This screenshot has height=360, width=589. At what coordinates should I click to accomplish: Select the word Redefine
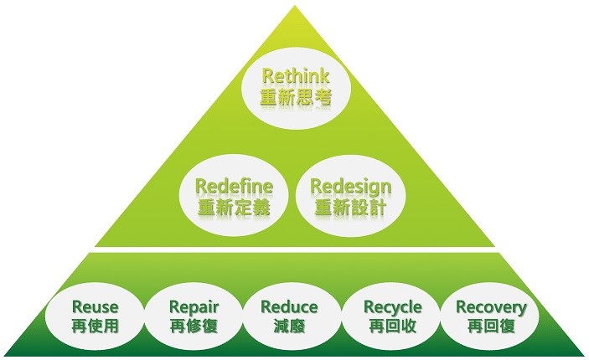(234, 185)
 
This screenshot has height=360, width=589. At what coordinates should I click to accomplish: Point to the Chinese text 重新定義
(234, 205)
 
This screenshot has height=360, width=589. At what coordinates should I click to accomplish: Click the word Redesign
(350, 185)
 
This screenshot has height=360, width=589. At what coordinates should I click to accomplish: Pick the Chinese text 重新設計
(350, 205)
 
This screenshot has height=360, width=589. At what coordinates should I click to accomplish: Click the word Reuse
(96, 307)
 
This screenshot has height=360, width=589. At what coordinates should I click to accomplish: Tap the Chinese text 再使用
(96, 326)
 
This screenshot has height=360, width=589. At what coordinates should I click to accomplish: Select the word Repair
(194, 307)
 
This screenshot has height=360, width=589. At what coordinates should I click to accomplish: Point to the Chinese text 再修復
(194, 326)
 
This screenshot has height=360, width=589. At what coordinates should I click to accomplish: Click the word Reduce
(289, 307)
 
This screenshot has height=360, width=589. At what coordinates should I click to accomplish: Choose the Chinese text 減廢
(289, 326)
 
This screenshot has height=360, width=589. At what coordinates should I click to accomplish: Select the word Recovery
(491, 307)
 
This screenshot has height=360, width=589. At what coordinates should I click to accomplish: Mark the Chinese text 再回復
(491, 326)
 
